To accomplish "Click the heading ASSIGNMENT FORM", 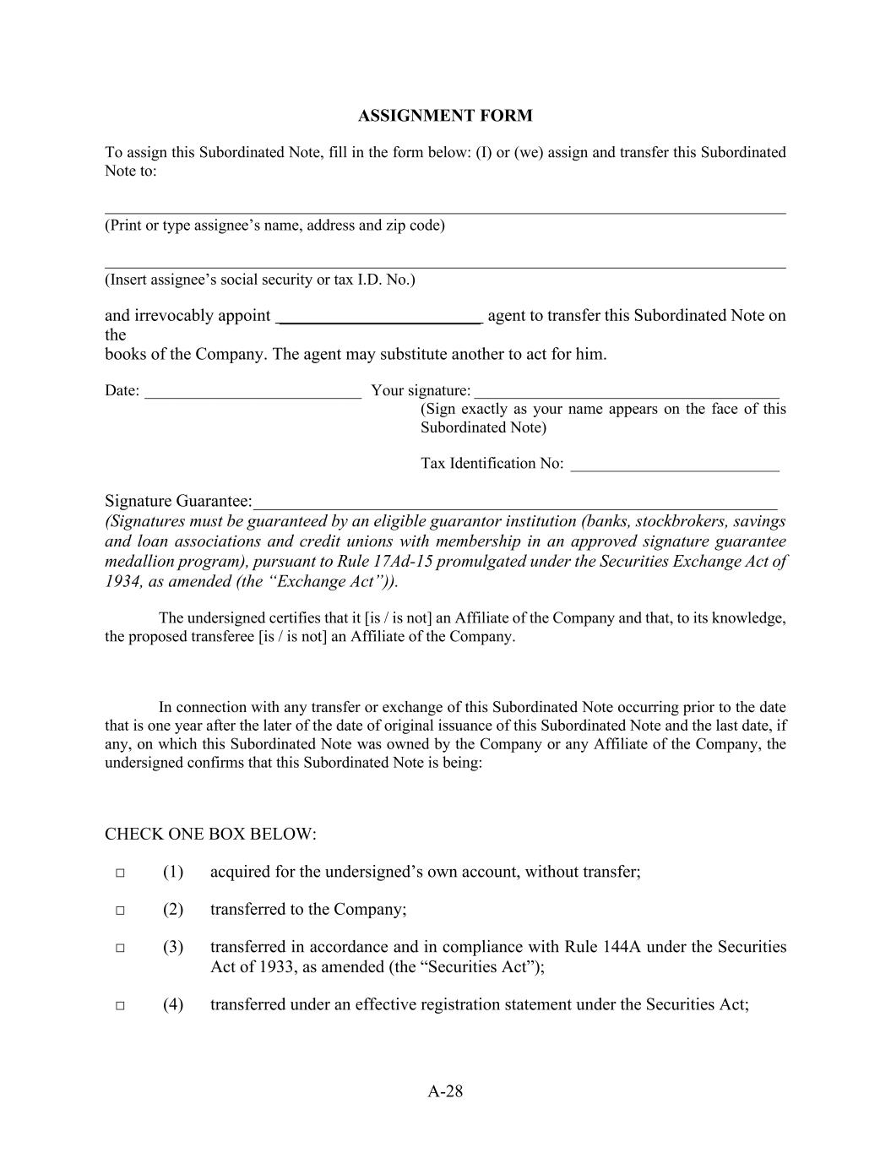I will [x=445, y=116].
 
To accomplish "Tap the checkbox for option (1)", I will [x=120, y=873].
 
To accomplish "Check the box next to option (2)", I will [x=120, y=911].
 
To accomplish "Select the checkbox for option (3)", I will [x=120, y=948].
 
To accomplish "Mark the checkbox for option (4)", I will [x=120, y=1005].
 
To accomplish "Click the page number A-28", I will [x=445, y=1091].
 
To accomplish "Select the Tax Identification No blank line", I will [x=674, y=465].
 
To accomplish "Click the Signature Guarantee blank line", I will [x=515, y=505].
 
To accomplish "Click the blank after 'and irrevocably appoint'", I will [x=379, y=318].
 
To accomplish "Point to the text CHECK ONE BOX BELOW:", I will [x=210, y=835].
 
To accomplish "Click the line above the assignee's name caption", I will [x=445, y=214].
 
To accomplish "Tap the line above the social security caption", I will [x=445, y=268].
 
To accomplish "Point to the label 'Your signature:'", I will [x=421, y=390].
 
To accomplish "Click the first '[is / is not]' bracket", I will [x=398, y=617].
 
